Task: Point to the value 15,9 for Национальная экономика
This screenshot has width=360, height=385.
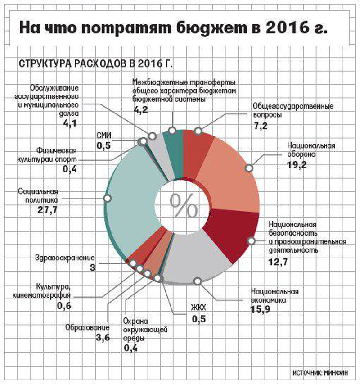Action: pos(261,309)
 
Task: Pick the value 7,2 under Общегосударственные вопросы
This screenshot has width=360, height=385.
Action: pos(261,126)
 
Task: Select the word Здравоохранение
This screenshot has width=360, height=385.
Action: pos(65,258)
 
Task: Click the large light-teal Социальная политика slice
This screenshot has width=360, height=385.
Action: pos(130,203)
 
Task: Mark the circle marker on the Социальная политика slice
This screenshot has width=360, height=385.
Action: pos(107,198)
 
